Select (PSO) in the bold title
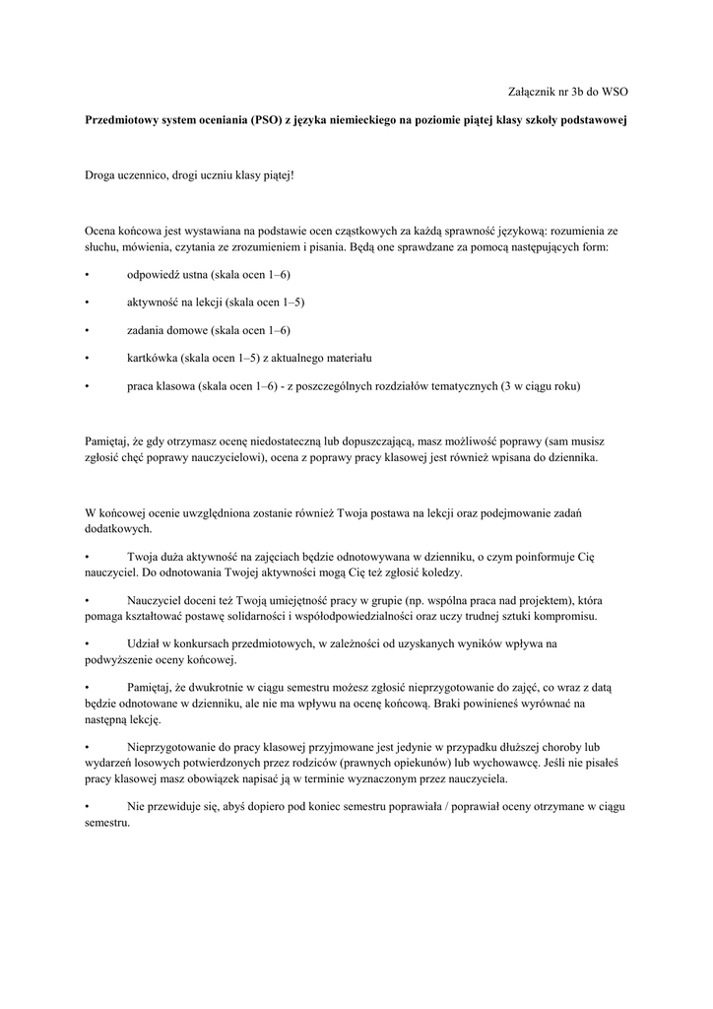pyautogui.click(x=265, y=119)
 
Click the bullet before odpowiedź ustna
pyautogui.click(x=88, y=274)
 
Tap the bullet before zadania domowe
pyautogui.click(x=88, y=330)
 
